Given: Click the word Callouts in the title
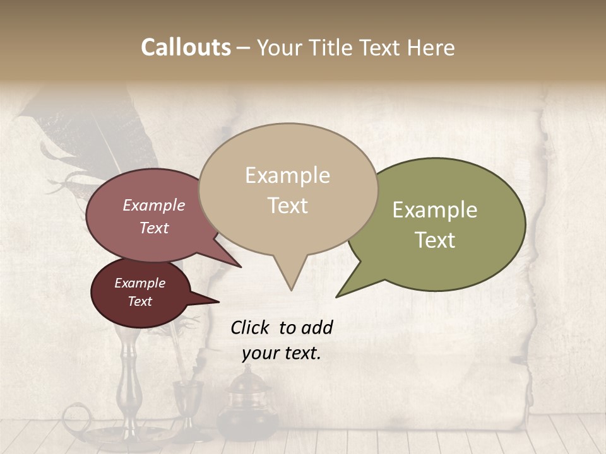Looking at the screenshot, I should point(186,47).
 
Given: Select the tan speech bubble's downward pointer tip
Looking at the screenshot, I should point(291,289).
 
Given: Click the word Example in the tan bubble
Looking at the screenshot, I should point(287,175).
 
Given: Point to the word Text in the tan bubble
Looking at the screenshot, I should point(287,206).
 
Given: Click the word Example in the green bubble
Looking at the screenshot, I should point(435,210).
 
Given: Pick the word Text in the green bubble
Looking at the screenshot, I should point(435,240).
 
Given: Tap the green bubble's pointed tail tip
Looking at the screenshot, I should point(336,296).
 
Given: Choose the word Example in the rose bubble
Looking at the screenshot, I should point(154,206).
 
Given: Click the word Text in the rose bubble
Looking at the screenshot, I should point(154,228).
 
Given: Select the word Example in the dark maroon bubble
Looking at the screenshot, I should point(140,283).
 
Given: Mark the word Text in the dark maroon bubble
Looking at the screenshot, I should point(140,301).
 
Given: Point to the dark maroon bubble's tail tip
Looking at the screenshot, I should point(219,301).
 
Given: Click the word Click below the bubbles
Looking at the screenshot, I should point(251,327).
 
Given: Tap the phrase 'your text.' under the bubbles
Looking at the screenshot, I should point(282,353).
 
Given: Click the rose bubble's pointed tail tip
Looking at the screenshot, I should point(242,267).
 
